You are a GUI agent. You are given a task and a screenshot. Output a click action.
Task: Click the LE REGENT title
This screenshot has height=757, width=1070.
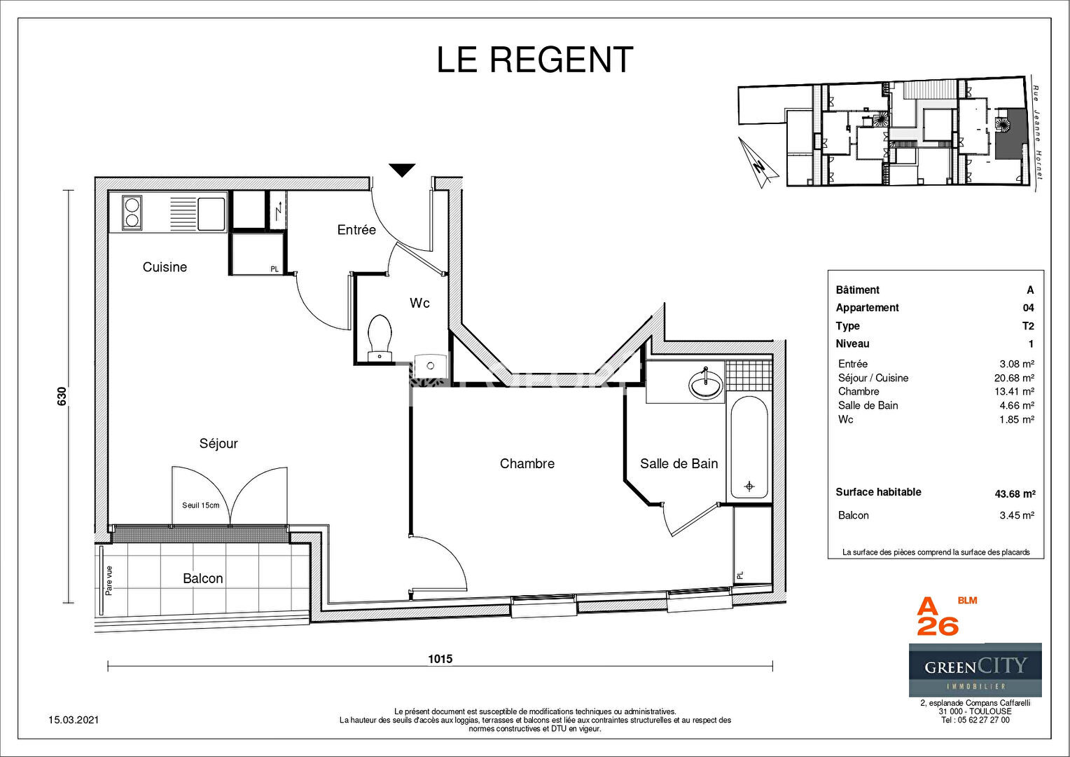point(535,60)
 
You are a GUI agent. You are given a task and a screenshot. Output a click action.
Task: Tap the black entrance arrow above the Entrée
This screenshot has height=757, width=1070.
point(402,170)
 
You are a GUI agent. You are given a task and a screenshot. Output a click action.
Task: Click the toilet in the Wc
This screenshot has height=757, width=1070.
point(380,337)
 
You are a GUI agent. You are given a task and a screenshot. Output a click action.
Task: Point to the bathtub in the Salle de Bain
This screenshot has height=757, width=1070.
point(749,448)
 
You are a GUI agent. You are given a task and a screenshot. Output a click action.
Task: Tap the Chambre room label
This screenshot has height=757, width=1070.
point(527,463)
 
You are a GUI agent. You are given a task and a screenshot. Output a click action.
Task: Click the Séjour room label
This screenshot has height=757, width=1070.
point(218,443)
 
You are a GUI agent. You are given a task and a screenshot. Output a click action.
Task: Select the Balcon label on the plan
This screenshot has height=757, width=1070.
point(203,578)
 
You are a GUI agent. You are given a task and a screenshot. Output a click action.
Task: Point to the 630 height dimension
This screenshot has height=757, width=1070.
point(62,396)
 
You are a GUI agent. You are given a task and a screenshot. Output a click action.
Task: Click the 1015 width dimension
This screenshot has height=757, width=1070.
point(440,659)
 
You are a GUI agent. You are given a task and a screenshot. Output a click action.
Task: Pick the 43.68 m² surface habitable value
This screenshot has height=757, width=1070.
point(1015,493)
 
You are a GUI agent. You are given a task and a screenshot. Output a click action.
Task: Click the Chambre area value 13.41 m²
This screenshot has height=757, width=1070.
point(1014,391)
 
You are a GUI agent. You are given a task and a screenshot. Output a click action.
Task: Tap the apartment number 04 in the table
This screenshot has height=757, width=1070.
point(1029,308)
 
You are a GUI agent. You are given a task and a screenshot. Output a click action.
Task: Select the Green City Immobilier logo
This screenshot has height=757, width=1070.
point(975,669)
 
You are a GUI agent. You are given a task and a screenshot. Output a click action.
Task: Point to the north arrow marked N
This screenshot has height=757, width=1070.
point(758,163)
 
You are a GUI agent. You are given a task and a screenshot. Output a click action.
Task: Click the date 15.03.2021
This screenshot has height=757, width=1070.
point(74,720)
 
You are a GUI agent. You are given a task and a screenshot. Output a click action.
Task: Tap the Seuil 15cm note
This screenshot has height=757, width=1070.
point(200,505)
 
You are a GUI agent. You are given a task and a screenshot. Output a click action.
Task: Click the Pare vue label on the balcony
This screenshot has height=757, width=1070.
point(109,580)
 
